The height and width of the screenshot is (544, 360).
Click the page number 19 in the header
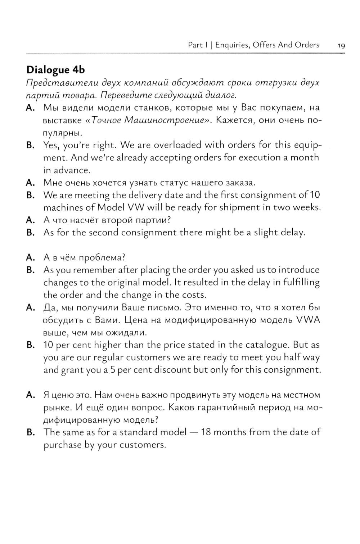[x=341, y=45]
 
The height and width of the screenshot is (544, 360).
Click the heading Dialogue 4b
[x=56, y=69]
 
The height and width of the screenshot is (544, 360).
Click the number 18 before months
[x=206, y=432]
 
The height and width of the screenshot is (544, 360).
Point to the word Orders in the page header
[x=307, y=45]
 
